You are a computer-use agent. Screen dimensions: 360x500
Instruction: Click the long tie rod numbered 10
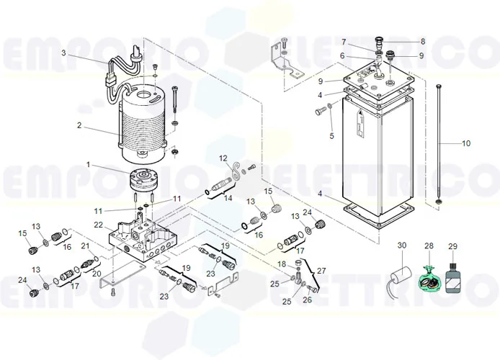click(x=437, y=144)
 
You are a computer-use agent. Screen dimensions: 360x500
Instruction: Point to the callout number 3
click(x=63, y=53)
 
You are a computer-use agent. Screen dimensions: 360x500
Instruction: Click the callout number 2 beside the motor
click(x=80, y=125)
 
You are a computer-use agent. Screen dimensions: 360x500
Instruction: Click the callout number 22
click(x=98, y=225)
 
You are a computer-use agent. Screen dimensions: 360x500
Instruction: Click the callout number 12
click(x=223, y=158)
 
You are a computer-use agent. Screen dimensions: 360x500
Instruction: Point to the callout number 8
click(x=422, y=42)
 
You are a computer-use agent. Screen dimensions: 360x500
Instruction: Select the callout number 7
click(x=344, y=42)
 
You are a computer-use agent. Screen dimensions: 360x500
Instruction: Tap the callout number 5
click(x=331, y=135)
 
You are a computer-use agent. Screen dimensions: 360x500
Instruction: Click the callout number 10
click(x=466, y=143)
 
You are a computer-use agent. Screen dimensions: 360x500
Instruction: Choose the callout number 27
click(x=321, y=271)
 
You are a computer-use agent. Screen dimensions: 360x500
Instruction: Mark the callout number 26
click(x=308, y=300)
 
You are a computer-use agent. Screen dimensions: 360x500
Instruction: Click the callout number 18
click(x=282, y=265)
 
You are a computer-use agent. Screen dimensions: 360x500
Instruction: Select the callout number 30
click(x=402, y=246)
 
